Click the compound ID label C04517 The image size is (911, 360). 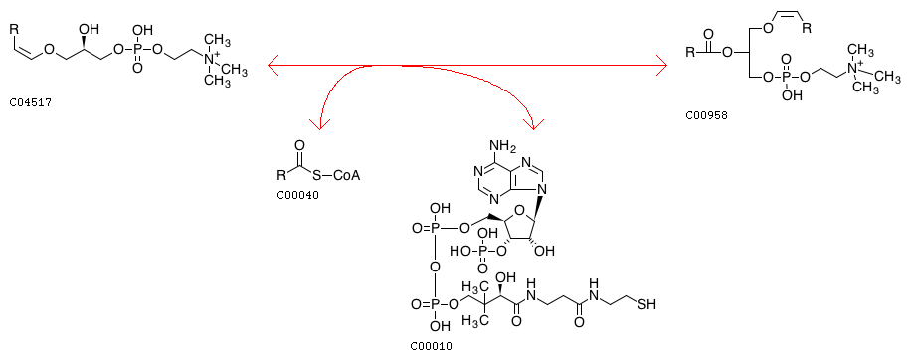coord(30,104)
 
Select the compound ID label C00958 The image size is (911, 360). coord(706,115)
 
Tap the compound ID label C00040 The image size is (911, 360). coord(298,195)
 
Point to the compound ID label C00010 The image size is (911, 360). coord(431,347)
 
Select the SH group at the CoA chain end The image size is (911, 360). coord(646,304)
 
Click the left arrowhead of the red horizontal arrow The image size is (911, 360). coord(274,65)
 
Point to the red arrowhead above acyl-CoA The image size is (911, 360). coord(319,123)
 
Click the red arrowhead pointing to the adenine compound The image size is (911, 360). coord(533,122)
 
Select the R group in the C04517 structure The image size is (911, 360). coord(15,27)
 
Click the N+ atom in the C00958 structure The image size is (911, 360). coord(854,67)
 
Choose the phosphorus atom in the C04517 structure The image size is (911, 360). coord(137,50)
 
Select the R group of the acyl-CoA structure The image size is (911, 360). coord(281,174)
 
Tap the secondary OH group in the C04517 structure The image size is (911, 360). coord(93,29)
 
